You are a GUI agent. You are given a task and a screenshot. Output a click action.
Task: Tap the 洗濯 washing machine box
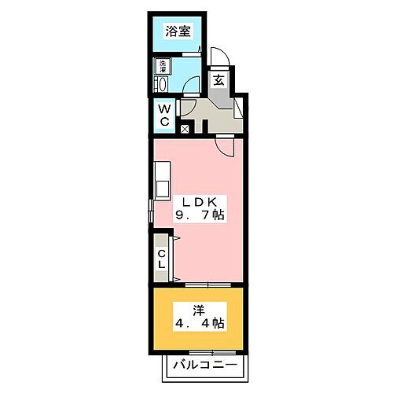[163, 66]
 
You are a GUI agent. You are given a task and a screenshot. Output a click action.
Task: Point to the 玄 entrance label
[216, 79]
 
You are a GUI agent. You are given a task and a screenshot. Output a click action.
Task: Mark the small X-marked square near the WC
[185, 129]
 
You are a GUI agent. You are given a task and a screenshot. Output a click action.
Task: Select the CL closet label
[161, 258]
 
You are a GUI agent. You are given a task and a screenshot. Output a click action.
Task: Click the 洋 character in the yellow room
[200, 308]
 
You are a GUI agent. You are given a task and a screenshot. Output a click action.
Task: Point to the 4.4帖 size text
[200, 324]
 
